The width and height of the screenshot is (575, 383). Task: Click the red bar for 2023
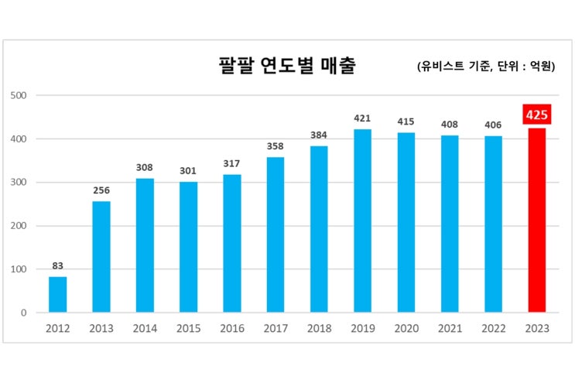(x=536, y=221)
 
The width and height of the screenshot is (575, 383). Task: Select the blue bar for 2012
(x=58, y=295)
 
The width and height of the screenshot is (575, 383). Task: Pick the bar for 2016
(x=231, y=244)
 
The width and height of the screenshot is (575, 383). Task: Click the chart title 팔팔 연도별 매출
(x=286, y=66)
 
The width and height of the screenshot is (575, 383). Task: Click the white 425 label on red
(x=536, y=115)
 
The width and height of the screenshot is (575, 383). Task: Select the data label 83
(x=58, y=265)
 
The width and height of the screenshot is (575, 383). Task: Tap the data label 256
(x=101, y=190)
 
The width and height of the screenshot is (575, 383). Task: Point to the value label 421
(x=362, y=118)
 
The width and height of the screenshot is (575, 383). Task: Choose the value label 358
(x=275, y=146)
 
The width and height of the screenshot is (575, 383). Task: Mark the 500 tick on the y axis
(x=19, y=96)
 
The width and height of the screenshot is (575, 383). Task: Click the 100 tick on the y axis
(x=19, y=270)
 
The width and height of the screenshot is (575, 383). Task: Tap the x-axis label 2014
(x=145, y=329)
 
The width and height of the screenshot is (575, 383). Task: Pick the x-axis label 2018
(x=319, y=329)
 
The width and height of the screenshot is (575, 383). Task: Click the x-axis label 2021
(x=450, y=329)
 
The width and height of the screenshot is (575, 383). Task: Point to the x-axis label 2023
(x=536, y=329)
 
